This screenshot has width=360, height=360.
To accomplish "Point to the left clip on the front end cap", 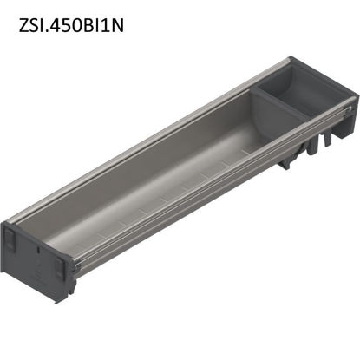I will [x=10, y=238].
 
